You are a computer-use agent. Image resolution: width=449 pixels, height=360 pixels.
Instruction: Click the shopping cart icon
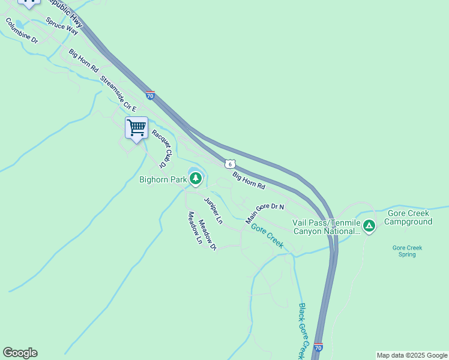(x=136, y=128)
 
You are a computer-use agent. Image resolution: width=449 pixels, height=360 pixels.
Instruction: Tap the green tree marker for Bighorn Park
(x=195, y=179)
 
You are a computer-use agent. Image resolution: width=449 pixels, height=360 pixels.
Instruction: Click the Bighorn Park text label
(x=163, y=179)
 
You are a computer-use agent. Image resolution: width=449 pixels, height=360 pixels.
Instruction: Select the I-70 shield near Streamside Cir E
(x=150, y=95)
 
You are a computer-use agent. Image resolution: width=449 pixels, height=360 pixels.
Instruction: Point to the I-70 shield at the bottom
(x=318, y=347)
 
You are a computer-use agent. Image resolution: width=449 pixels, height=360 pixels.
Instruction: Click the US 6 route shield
(x=230, y=164)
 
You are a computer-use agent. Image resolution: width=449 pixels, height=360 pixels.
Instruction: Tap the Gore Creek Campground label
(x=408, y=218)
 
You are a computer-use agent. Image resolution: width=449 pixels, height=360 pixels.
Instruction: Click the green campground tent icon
(x=369, y=226)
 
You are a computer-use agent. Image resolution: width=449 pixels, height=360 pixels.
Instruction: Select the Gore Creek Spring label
(x=408, y=251)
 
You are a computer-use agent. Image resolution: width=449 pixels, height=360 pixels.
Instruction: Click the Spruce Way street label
(x=62, y=25)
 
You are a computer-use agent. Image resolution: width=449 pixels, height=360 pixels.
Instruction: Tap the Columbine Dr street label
(x=22, y=31)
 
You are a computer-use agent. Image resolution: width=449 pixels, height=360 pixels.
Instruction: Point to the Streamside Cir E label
(x=118, y=94)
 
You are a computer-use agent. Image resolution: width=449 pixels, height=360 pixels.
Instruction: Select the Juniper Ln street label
(x=213, y=211)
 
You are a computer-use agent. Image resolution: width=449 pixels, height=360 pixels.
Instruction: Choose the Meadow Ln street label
(x=195, y=228)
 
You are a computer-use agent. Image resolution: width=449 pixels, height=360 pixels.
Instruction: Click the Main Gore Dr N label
(x=265, y=214)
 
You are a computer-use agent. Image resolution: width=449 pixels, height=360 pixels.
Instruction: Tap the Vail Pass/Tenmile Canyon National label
(x=326, y=226)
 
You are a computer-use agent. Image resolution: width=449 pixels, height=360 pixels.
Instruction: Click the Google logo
(x=20, y=353)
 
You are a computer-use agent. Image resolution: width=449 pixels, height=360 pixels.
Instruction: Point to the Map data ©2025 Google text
(x=412, y=355)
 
